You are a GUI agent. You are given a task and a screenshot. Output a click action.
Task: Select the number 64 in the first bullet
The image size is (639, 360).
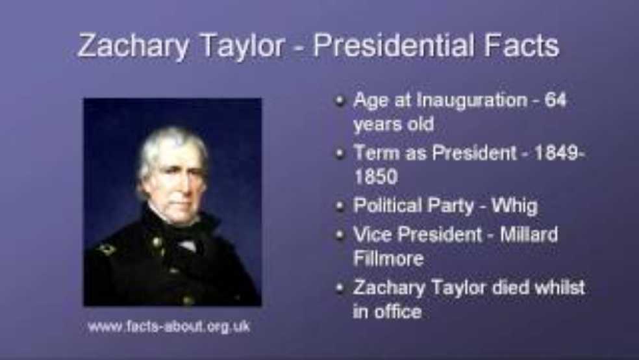(x=555, y=101)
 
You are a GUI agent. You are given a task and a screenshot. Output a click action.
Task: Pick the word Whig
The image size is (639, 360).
(x=515, y=206)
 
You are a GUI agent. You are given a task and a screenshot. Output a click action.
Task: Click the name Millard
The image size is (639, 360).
(x=529, y=234)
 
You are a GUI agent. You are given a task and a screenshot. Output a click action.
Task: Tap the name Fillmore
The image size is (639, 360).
(x=388, y=258)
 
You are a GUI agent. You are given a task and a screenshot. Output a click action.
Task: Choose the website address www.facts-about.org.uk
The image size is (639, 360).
(x=169, y=326)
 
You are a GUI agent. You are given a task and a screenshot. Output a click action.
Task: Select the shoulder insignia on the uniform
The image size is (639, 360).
(x=106, y=249)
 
